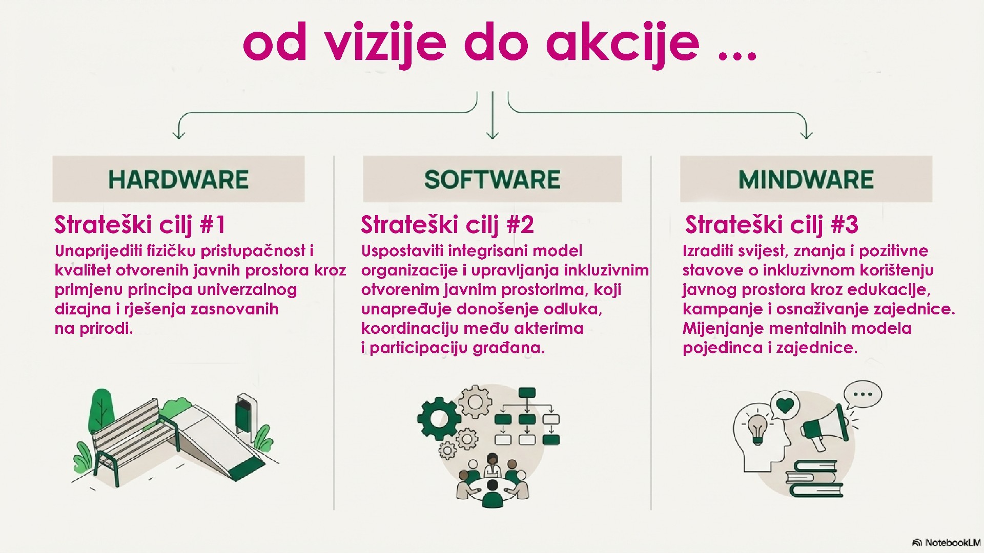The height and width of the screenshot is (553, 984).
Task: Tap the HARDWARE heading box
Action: click(178, 179)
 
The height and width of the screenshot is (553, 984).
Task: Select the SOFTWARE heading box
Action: click(492, 179)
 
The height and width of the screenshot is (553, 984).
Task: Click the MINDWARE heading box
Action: click(806, 179)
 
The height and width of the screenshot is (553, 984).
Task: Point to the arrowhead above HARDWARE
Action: click(179, 134)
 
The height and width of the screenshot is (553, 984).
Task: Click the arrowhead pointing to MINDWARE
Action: click(806, 134)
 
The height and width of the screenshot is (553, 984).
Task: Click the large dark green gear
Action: click(438, 418)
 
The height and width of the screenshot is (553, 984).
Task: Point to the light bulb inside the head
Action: click(758, 428)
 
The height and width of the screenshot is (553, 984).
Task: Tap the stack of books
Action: click(815, 479)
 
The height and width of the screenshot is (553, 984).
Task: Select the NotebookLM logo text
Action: click(952, 543)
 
